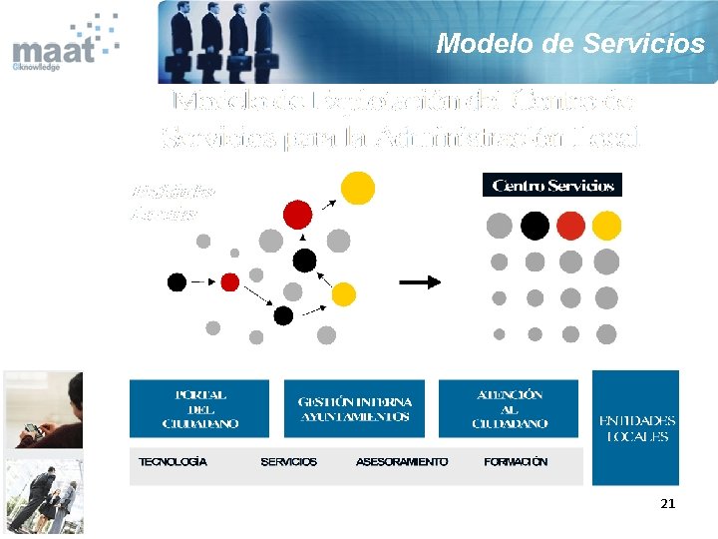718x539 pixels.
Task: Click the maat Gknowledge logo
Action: click(62, 45)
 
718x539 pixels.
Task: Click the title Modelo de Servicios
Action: click(570, 44)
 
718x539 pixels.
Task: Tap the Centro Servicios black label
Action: click(552, 186)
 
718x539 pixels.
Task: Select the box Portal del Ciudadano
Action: click(200, 409)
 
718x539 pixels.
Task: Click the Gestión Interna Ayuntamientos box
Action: click(355, 409)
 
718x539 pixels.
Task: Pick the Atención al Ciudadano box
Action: click(510, 409)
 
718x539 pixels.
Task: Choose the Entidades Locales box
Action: click(636, 428)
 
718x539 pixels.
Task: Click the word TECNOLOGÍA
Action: click(174, 462)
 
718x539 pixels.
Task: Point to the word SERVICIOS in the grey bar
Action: click(288, 462)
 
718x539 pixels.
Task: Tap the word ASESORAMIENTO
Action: click(401, 462)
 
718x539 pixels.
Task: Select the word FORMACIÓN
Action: click(516, 462)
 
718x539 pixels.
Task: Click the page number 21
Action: click(667, 504)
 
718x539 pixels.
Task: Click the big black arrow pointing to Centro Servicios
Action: click(419, 282)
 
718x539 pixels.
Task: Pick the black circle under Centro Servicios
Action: click(535, 228)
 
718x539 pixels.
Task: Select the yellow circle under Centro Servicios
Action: click(606, 228)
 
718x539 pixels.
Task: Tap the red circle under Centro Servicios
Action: click(570, 228)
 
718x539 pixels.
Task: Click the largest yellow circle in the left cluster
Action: click(358, 187)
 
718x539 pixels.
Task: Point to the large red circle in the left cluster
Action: click(297, 214)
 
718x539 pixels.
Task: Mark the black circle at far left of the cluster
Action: click(177, 282)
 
